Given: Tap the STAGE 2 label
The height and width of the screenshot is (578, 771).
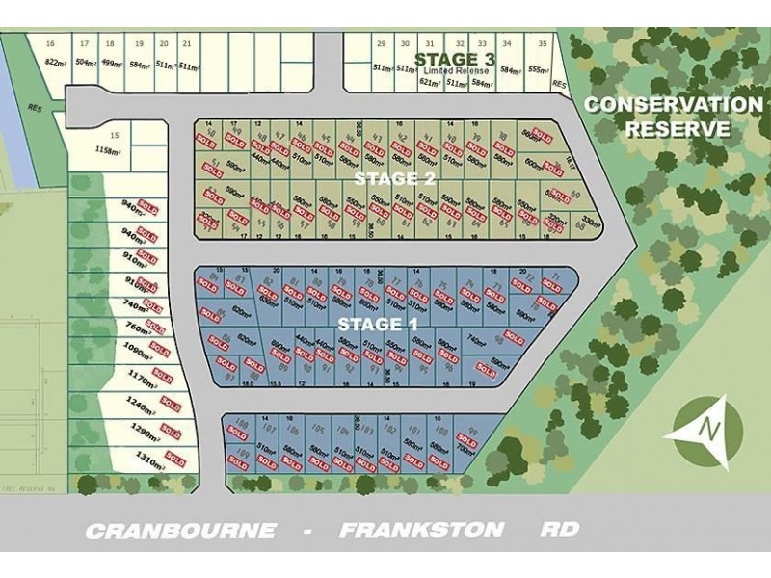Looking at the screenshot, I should click(x=395, y=179).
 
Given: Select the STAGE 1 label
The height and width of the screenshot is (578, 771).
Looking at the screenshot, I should click(x=378, y=324).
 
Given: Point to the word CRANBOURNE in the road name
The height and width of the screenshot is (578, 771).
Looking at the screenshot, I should click(x=181, y=531).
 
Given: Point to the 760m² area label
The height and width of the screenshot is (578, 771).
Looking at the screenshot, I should click(x=137, y=328).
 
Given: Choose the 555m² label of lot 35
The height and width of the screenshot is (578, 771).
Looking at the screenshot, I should click(x=540, y=68).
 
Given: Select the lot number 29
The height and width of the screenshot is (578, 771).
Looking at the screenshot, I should click(x=382, y=44).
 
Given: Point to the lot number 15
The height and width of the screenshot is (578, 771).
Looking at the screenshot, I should click(x=115, y=136).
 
